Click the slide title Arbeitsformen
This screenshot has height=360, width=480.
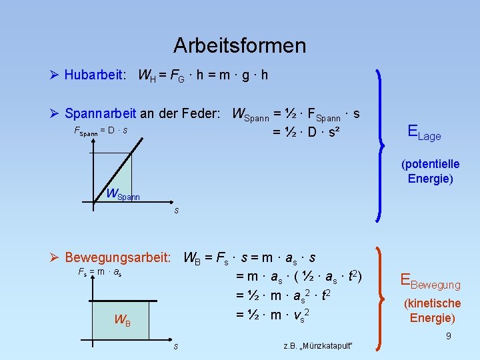(239, 45)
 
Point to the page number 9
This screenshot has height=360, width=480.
(449, 336)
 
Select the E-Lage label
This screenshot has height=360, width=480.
(424, 133)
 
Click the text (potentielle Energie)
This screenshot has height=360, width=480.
(430, 171)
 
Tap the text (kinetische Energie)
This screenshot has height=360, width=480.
(433, 311)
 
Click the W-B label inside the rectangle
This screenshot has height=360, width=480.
(122, 319)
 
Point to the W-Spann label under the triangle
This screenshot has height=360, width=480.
(123, 195)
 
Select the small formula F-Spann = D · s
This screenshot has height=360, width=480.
(100, 131)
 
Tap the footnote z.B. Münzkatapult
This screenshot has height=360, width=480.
(317, 345)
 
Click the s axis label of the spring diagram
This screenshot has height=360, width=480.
(176, 211)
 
